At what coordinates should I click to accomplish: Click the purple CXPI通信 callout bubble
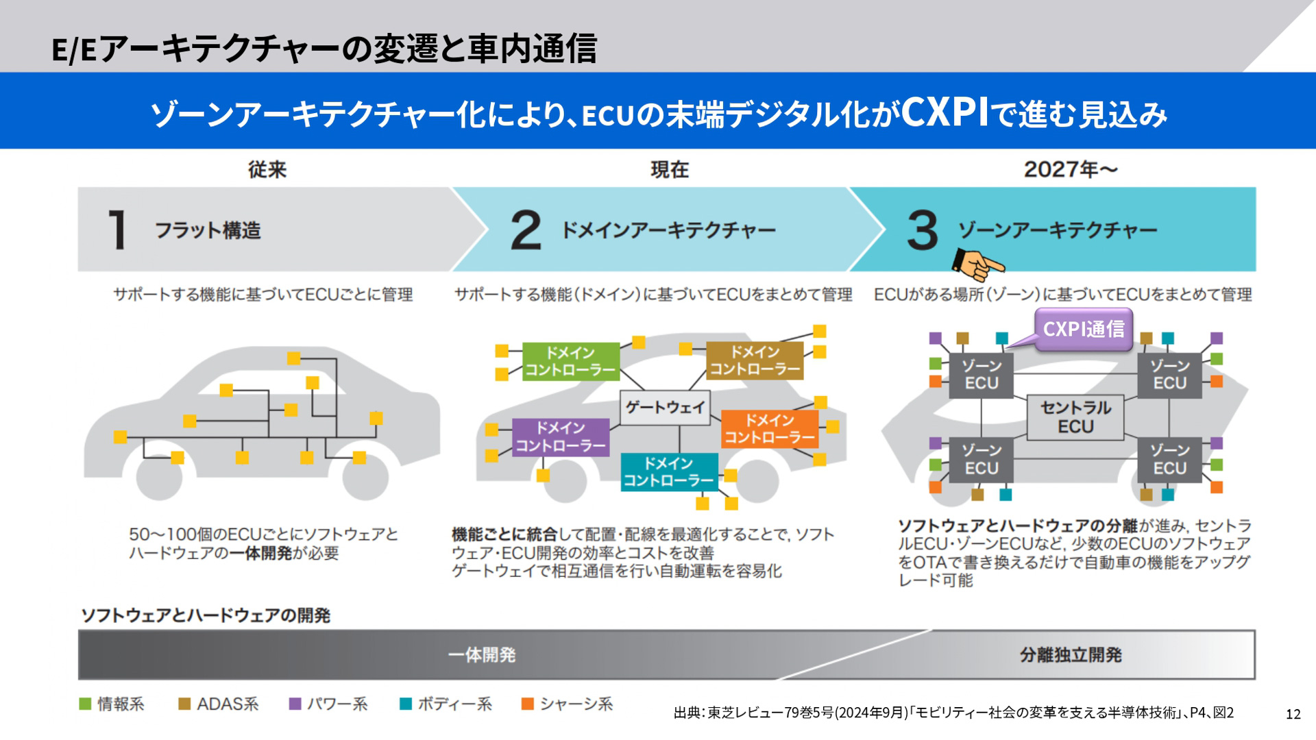click(1083, 330)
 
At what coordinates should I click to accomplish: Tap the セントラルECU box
click(1075, 417)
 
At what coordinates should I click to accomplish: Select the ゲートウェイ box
click(664, 408)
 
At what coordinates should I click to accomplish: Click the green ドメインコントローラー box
click(570, 361)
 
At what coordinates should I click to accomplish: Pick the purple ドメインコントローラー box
click(561, 437)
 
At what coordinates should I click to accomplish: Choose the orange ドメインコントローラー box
click(770, 429)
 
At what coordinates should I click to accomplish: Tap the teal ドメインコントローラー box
click(668, 472)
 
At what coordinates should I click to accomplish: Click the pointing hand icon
click(977, 264)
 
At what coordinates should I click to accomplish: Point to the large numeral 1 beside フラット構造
click(118, 230)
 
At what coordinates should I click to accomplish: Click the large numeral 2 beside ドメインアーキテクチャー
click(526, 230)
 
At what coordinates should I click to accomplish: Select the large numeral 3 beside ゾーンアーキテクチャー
click(922, 230)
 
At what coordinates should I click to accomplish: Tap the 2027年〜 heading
click(1070, 169)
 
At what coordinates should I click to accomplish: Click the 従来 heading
click(267, 169)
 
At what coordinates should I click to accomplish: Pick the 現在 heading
click(669, 169)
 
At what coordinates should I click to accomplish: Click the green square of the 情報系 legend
click(86, 704)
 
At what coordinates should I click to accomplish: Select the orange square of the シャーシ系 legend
click(527, 704)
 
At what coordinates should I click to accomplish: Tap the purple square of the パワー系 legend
click(295, 704)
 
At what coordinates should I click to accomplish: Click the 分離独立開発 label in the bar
click(1070, 655)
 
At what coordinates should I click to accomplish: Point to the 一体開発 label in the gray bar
click(481, 655)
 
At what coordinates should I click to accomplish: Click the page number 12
click(1293, 714)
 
